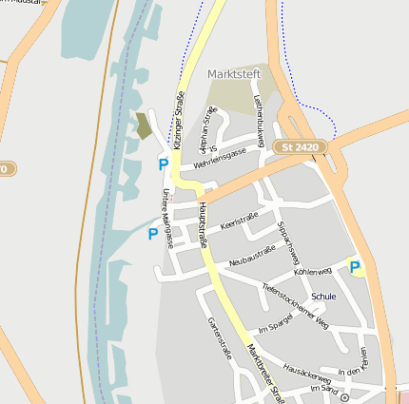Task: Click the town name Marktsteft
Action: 234,74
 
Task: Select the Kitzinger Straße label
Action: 178,120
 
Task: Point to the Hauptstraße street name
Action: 202,224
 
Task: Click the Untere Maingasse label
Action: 166,218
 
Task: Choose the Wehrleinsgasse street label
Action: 220,157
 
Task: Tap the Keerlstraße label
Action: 240,223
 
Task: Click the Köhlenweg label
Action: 312,272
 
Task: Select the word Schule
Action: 323,297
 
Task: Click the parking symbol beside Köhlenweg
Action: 355,267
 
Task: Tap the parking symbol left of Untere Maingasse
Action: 152,233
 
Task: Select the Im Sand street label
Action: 324,389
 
